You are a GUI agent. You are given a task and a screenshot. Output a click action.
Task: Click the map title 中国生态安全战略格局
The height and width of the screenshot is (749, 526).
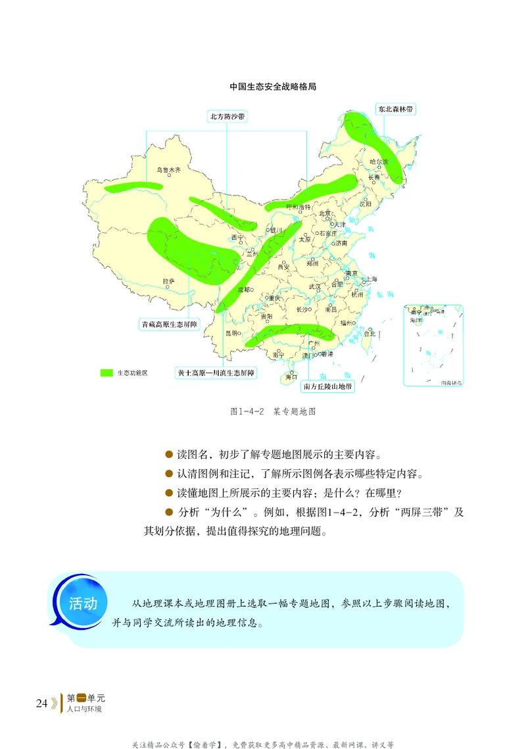(x=273, y=86)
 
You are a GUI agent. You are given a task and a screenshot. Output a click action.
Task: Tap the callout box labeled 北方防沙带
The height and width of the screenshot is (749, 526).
(x=227, y=116)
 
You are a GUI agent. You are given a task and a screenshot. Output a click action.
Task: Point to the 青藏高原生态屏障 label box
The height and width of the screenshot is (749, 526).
(x=169, y=324)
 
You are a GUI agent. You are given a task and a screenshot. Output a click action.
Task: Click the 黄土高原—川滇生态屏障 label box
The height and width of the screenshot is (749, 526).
(x=216, y=373)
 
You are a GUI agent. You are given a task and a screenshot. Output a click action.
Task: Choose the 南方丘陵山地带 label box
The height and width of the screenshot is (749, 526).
(x=328, y=386)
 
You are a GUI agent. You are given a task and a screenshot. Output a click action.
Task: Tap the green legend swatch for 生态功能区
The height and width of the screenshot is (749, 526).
(x=107, y=373)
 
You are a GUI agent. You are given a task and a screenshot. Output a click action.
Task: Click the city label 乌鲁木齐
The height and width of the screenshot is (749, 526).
(x=168, y=170)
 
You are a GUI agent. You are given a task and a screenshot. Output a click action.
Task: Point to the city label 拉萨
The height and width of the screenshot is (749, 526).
(x=169, y=281)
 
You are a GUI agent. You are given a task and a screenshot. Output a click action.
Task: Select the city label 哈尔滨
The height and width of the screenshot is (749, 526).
(x=379, y=161)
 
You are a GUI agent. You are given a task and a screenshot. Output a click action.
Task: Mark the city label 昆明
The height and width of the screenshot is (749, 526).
(x=232, y=333)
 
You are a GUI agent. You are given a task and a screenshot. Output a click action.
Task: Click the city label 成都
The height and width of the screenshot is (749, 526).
(x=244, y=290)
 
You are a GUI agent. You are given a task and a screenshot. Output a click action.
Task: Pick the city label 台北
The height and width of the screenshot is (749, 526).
(x=369, y=334)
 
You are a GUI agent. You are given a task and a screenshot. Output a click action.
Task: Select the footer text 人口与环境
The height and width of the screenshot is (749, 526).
(x=85, y=710)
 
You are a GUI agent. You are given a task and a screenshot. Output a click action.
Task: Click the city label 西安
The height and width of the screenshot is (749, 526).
(x=283, y=267)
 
